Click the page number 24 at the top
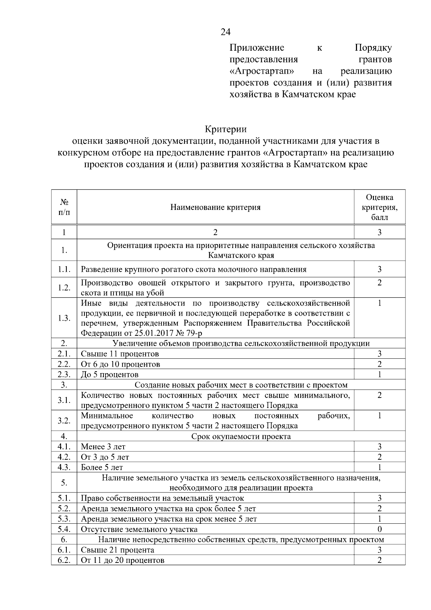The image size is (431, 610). click(225, 32)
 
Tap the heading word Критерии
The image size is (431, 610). click(226, 129)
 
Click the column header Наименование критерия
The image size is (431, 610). click(215, 207)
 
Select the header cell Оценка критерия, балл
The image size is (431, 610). click(379, 207)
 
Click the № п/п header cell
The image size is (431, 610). click(64, 207)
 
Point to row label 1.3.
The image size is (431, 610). click(64, 318)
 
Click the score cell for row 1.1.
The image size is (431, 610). click(379, 269)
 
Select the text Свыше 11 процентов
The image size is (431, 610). click(120, 354)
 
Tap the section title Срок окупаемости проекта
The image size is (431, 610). click(241, 436)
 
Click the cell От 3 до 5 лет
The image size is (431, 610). click(105, 457)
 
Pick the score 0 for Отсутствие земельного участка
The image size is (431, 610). click(379, 529)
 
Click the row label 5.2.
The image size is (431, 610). click(64, 509)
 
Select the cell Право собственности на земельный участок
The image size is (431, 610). click(162, 498)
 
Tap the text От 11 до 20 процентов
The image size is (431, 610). click(122, 560)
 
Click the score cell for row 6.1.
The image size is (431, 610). click(379, 550)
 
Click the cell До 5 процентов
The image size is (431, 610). click(110, 375)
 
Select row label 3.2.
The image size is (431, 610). click(64, 421)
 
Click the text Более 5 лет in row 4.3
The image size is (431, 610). click(102, 467)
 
